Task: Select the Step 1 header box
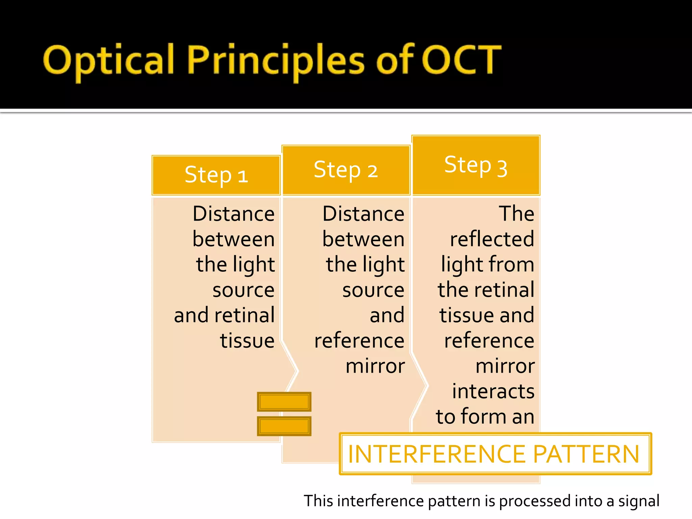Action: [216, 175]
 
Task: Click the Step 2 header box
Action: [346, 170]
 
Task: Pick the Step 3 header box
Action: [476, 165]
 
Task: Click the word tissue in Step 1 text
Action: [247, 340]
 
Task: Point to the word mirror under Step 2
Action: [375, 366]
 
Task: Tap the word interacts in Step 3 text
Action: [493, 391]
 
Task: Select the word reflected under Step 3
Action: [492, 239]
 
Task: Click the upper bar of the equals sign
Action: [284, 402]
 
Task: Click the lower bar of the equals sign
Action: [284, 426]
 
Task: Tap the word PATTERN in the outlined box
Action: [586, 454]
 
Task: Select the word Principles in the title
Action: [275, 61]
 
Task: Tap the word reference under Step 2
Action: [359, 340]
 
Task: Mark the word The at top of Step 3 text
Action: [516, 214]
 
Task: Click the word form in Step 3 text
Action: [484, 416]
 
